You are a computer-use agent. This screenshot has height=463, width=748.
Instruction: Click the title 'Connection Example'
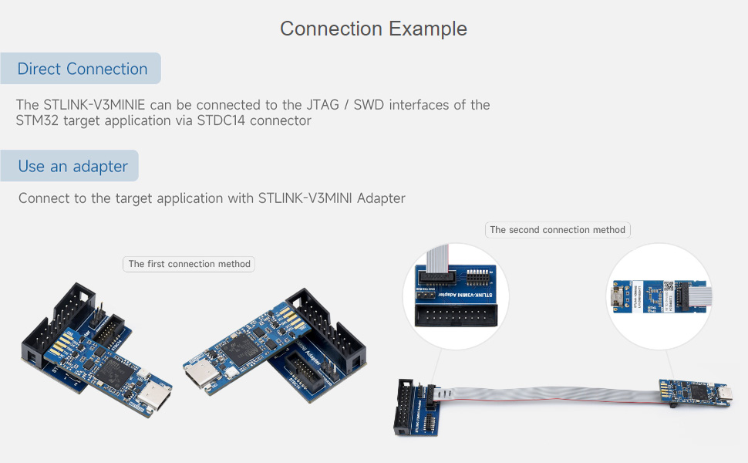[373, 29]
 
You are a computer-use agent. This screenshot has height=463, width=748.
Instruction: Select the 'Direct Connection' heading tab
[82, 69]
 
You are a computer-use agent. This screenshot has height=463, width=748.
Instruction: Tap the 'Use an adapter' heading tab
[72, 166]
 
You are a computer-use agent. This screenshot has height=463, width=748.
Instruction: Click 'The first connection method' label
[189, 264]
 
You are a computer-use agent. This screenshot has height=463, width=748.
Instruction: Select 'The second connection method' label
[558, 230]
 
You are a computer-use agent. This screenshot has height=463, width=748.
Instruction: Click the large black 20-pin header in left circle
[455, 315]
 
